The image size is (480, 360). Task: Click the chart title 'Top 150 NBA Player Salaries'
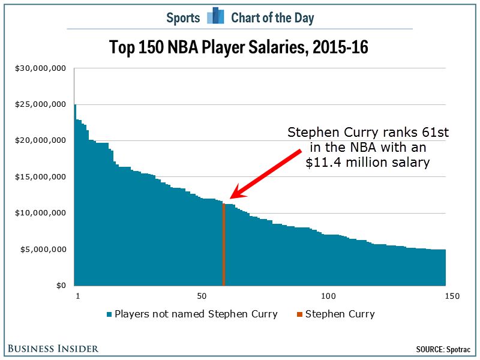pyautogui.click(x=239, y=47)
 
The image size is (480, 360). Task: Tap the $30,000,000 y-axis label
pyautogui.click(x=40, y=68)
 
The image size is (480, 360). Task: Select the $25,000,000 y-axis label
pyautogui.click(x=40, y=104)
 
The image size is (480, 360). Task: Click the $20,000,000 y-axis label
pyautogui.click(x=40, y=140)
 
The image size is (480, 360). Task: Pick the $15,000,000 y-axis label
pyautogui.click(x=40, y=177)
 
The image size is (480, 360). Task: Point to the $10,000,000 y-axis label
pyautogui.click(x=40, y=213)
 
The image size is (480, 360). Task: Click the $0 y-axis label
pyautogui.click(x=61, y=286)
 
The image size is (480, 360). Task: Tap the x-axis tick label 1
pyautogui.click(x=77, y=296)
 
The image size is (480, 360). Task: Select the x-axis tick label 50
pyautogui.click(x=202, y=296)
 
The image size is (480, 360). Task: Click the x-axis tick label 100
pyautogui.click(x=328, y=296)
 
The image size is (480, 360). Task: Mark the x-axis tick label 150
pyautogui.click(x=452, y=296)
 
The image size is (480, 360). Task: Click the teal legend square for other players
pyautogui.click(x=109, y=314)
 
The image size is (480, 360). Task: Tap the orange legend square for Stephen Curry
pyautogui.click(x=300, y=314)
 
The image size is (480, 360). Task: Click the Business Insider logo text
pyautogui.click(x=53, y=349)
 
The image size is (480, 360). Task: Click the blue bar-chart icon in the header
pyautogui.click(x=215, y=17)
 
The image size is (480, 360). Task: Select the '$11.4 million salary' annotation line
pyautogui.click(x=368, y=163)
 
